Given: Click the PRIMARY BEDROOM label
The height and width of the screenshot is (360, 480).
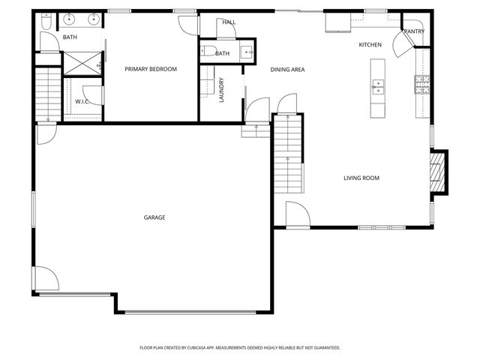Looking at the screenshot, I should tap(151, 69).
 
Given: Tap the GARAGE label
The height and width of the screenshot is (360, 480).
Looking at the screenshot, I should tap(154, 217).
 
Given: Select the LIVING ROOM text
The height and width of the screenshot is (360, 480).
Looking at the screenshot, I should tap(361, 178).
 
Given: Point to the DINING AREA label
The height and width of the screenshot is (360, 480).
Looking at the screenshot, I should tap(287, 69).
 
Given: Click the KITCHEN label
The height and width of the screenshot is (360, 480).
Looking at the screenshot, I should tap(370, 45).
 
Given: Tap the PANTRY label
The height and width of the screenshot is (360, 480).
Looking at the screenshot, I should tap(414, 31).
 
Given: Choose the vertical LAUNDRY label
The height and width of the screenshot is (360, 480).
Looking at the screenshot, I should tap(221, 89).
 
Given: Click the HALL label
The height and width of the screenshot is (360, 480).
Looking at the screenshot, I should tap(229, 22).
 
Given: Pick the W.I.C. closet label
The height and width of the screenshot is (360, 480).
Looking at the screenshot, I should tap(82, 101).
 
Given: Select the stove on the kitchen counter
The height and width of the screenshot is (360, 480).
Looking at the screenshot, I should tap(422, 85).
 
